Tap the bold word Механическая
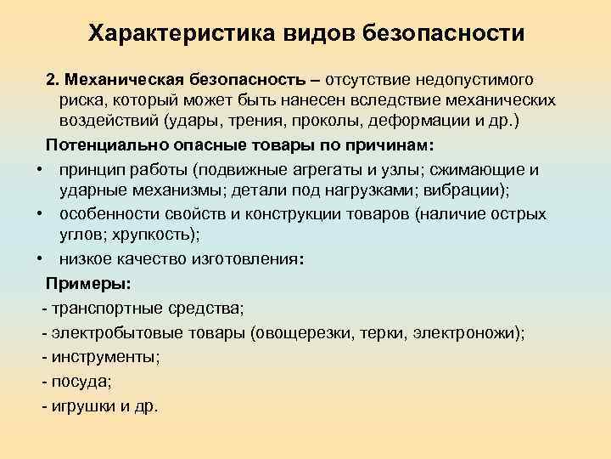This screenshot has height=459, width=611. (x=119, y=80)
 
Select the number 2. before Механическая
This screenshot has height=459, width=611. (x=53, y=80)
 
